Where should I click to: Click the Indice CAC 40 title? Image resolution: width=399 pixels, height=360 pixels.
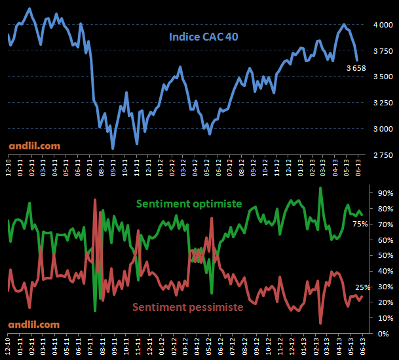[x=203, y=37]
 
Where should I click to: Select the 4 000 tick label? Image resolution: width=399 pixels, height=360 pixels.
[x=383, y=25]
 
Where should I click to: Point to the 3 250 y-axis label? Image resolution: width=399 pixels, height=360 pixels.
[x=383, y=103]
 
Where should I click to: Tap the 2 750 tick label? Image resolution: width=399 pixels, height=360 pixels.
[x=383, y=154]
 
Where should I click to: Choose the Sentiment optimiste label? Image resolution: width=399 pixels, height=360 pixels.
[x=190, y=204]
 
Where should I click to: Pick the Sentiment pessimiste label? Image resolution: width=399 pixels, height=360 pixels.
[x=188, y=306]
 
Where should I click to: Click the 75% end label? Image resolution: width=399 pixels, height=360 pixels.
[x=360, y=224]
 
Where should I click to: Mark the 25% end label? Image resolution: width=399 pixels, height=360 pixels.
[x=363, y=287]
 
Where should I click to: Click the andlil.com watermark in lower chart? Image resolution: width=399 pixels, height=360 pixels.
[x=34, y=324]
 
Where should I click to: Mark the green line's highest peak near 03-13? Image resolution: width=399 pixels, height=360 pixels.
[x=320, y=189]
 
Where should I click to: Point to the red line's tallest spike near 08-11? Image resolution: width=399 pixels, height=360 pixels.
[x=96, y=199]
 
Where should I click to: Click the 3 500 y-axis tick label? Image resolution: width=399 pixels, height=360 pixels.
[x=383, y=77]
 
